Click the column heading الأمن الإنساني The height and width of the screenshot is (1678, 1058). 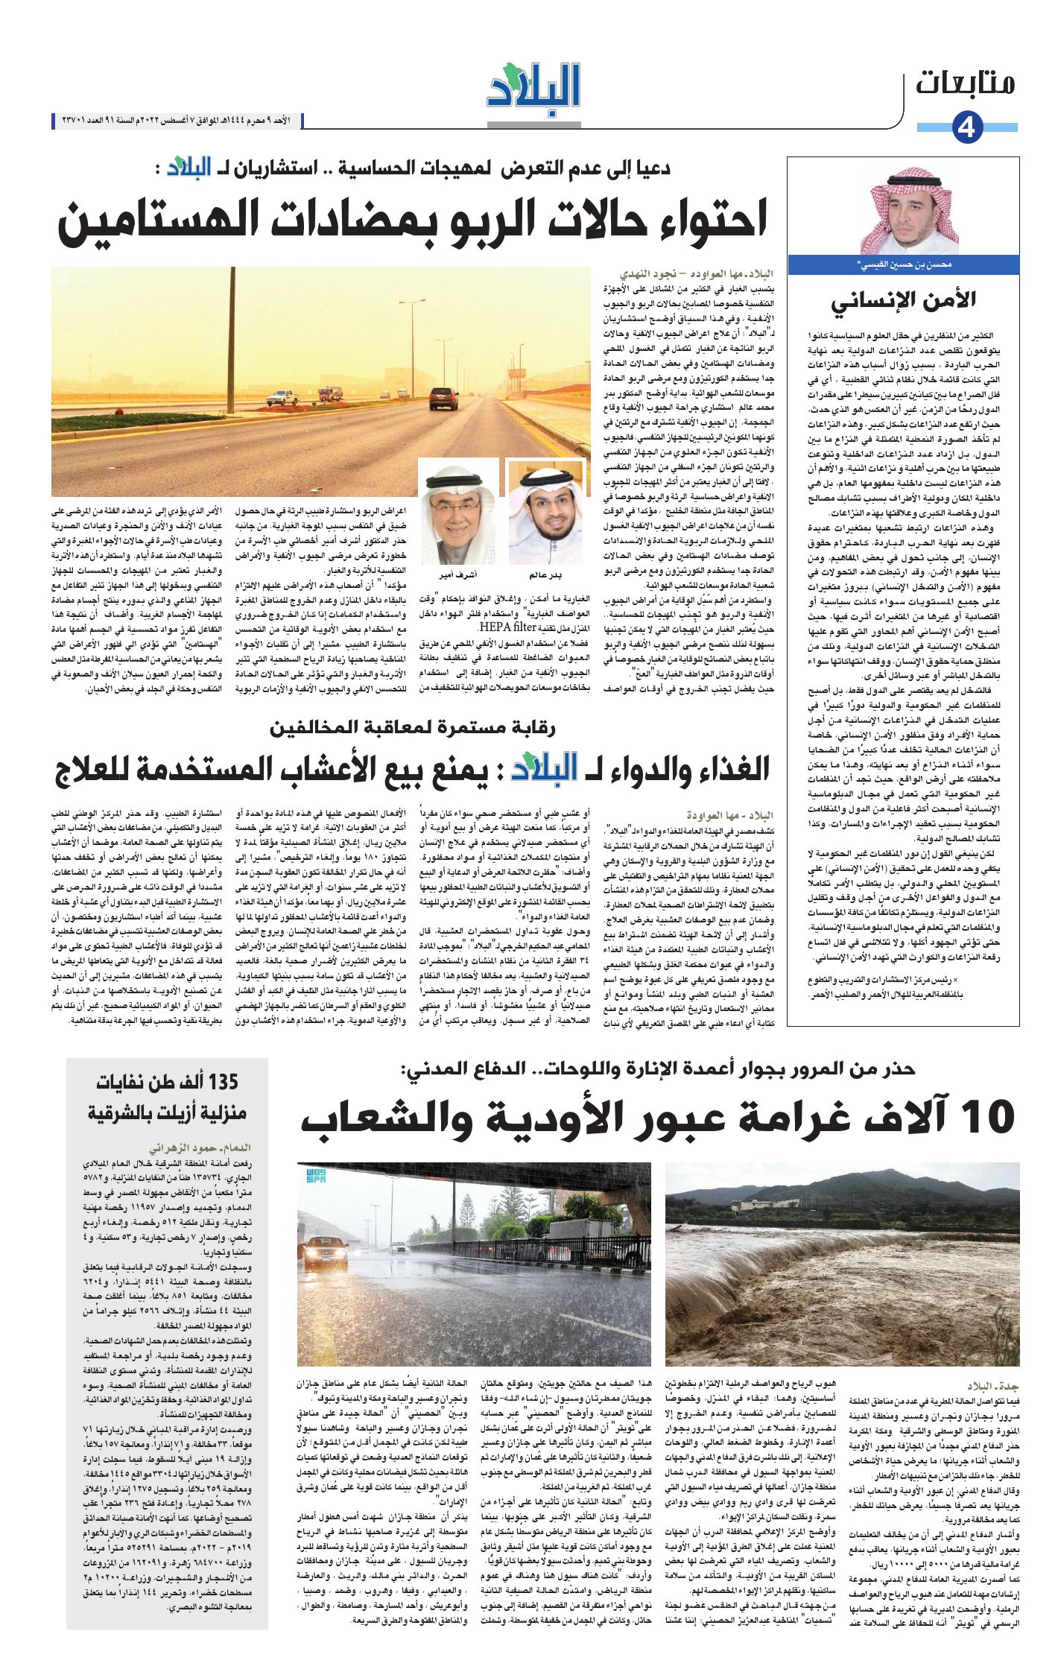point(903,300)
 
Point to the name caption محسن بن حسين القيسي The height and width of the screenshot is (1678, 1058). point(903,265)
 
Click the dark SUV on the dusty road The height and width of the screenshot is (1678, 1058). point(443,400)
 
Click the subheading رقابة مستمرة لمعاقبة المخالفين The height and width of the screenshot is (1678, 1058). point(413,728)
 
